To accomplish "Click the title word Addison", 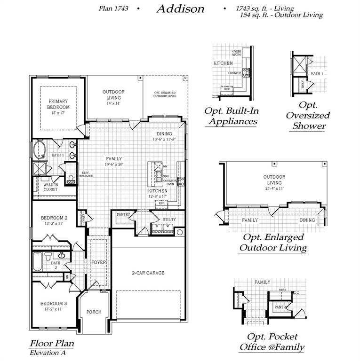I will tap(180, 8).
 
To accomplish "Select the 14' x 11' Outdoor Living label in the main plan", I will tap(113, 103).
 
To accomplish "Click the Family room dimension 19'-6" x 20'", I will tap(113, 165).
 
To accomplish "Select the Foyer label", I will tap(99, 262).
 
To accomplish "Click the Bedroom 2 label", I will tap(54, 218).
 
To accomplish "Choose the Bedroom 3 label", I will tap(54, 303).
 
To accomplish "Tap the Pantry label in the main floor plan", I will tap(123, 214).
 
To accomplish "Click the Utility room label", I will tap(169, 220).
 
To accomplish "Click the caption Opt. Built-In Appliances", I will tap(231, 116).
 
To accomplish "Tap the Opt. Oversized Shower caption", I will tap(308, 115).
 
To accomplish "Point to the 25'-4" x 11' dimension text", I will tap(274, 188).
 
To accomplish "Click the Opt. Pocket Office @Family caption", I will tap(272, 342).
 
